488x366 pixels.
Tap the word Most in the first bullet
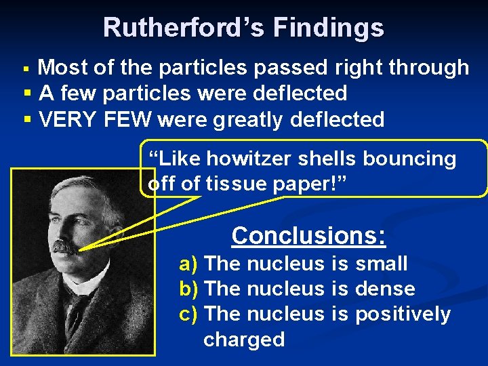(x=62, y=67)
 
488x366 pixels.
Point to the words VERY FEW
(x=95, y=119)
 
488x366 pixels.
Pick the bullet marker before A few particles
(x=27, y=94)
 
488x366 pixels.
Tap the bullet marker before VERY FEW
(x=27, y=119)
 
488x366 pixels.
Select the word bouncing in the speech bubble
(x=410, y=159)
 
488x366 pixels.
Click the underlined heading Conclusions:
(x=308, y=235)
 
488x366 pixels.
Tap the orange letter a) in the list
(x=188, y=263)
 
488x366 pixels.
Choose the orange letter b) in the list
(x=188, y=289)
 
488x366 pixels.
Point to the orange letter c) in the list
(x=188, y=314)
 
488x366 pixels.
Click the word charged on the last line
(x=244, y=339)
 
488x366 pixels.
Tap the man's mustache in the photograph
(x=66, y=247)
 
